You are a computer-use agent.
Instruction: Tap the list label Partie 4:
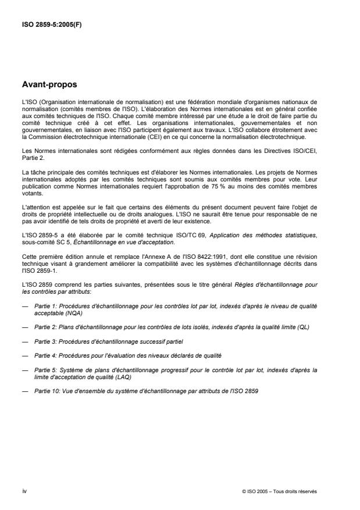45,354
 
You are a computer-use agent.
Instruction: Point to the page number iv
23,491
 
